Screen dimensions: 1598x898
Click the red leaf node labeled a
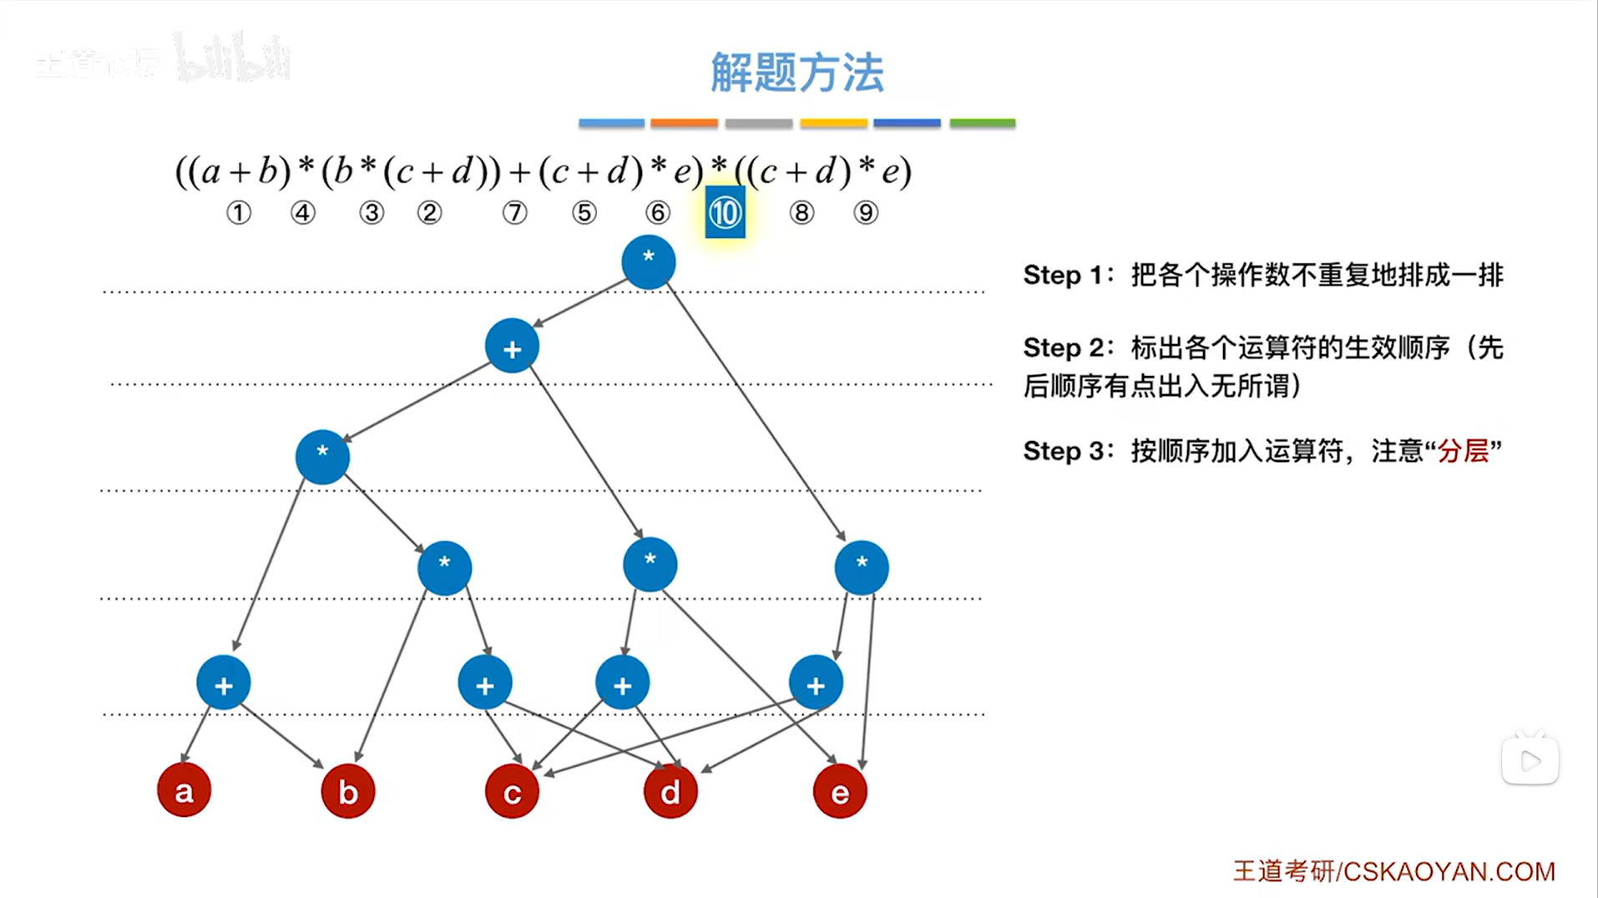click(x=184, y=790)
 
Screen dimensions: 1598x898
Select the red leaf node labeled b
click(x=347, y=791)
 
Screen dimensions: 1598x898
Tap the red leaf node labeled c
click(x=512, y=791)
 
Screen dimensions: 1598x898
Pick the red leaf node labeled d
click(x=670, y=791)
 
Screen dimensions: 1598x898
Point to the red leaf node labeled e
click(x=839, y=791)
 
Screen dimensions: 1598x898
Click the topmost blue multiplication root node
click(x=648, y=261)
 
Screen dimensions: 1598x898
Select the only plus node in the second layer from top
click(x=512, y=347)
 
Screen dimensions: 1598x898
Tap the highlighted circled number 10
click(x=724, y=213)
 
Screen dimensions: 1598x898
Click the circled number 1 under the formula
click(x=239, y=213)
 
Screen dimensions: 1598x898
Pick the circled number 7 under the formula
click(x=514, y=213)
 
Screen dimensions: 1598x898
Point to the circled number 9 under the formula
click(x=866, y=213)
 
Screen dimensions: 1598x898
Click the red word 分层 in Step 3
click(x=1463, y=451)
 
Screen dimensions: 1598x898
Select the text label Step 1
click(x=1064, y=275)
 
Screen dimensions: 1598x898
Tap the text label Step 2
click(x=1064, y=348)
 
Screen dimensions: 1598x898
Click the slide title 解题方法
click(x=796, y=73)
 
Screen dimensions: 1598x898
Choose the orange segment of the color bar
click(x=684, y=124)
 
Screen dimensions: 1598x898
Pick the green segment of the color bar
click(x=982, y=124)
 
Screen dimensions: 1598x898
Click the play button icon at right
click(x=1530, y=761)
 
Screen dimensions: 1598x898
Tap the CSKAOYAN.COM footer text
click(x=1449, y=871)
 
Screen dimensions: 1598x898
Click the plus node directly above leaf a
click(x=223, y=683)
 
